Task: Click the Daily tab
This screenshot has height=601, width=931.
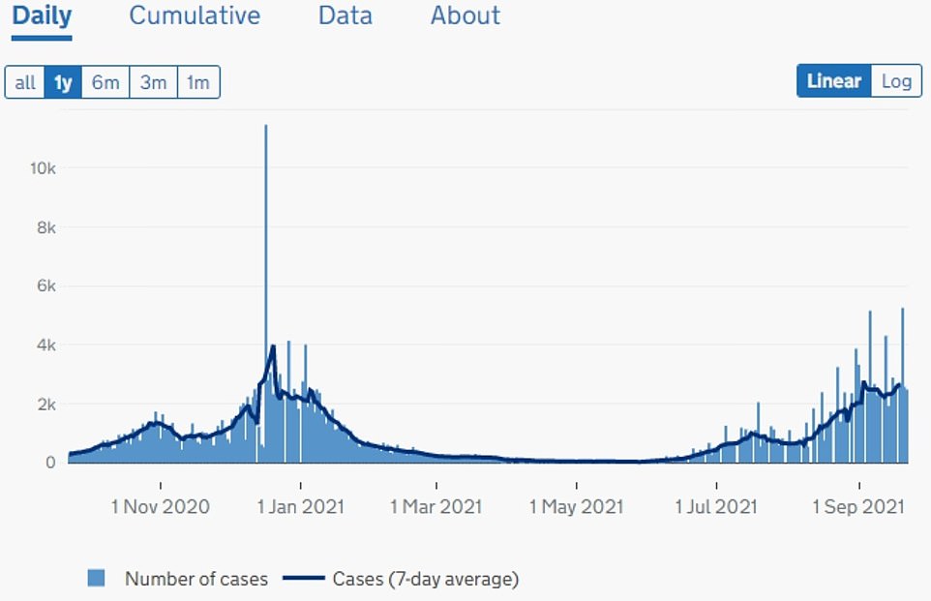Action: [42, 16]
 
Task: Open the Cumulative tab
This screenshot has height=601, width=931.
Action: [195, 16]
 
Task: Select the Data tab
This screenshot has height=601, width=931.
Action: [345, 16]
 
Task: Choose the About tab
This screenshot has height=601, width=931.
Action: [465, 16]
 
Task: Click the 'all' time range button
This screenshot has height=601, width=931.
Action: [25, 82]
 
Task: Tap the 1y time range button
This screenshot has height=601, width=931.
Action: [63, 82]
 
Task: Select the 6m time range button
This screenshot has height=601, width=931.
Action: [105, 82]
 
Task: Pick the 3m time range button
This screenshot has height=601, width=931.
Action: [153, 82]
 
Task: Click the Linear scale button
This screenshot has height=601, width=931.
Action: [833, 81]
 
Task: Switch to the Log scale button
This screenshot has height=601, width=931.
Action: [896, 81]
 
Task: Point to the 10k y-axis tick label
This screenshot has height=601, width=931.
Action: [42, 168]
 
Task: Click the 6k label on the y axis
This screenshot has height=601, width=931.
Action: [45, 286]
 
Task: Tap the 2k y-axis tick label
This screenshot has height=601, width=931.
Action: [45, 404]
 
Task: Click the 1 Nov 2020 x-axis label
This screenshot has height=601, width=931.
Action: [161, 506]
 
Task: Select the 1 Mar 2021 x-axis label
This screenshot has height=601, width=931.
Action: [435, 506]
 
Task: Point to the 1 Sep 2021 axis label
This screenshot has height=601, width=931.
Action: [858, 506]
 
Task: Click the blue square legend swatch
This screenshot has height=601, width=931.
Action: [96, 579]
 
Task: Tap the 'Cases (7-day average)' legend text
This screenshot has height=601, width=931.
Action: [426, 579]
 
